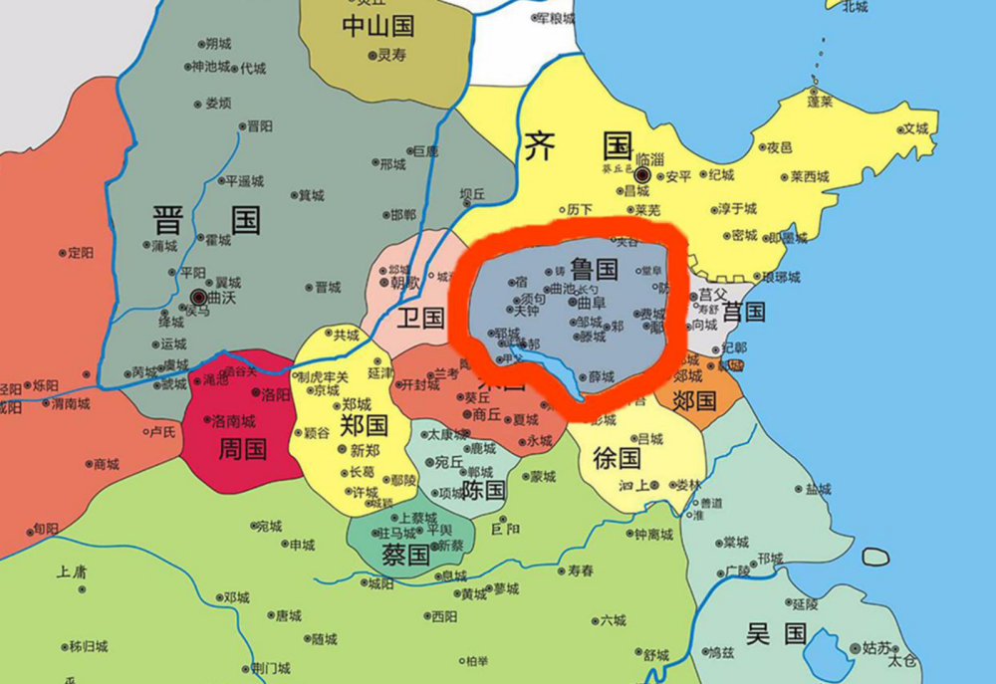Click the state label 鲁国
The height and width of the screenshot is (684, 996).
coord(595,269)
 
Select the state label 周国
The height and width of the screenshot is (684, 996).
coord(242,448)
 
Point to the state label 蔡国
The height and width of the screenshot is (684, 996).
coord(406,555)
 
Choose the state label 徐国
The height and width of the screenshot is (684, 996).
coord(617,458)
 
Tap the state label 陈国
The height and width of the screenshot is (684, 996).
coord(484,490)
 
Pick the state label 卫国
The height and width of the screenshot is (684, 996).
coord(419,318)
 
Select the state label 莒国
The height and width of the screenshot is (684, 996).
coord(743,312)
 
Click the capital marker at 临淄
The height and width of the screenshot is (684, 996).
coord(642,176)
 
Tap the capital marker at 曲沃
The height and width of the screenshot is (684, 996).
coord(198,297)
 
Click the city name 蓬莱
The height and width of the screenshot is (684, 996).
coord(820,102)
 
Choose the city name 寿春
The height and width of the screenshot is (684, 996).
coord(581,570)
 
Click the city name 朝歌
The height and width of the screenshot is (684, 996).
coord(404,282)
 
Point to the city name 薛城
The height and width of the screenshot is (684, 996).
coord(601,376)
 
